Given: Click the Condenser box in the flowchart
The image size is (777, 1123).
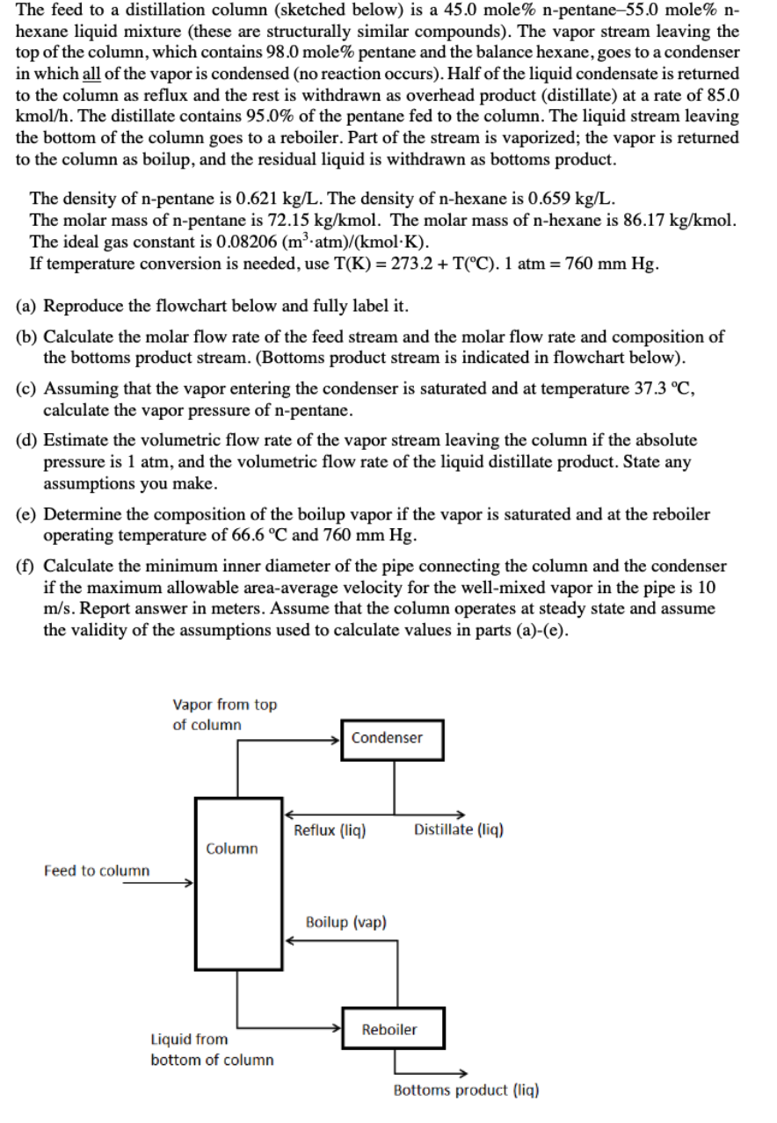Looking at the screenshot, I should click(x=393, y=738).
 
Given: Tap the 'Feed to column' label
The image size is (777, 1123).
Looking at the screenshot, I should click(x=97, y=871).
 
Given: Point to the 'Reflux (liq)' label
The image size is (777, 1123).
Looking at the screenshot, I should click(x=330, y=830).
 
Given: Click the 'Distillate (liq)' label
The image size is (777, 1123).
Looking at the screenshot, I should click(x=458, y=830).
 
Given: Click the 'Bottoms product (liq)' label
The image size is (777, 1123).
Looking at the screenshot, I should click(x=466, y=1090).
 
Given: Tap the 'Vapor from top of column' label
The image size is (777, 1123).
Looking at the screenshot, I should click(x=224, y=714).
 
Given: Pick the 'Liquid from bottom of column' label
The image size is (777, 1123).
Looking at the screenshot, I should click(x=211, y=1049).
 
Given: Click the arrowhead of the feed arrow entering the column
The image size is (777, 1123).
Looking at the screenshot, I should click(x=188, y=885).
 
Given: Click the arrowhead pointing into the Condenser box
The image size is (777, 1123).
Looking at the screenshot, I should click(x=336, y=738).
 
